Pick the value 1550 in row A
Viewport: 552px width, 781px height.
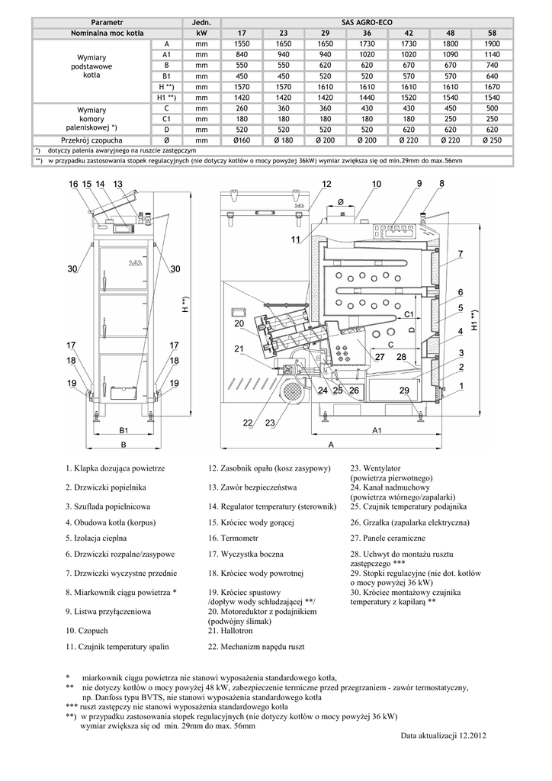tap(242, 44)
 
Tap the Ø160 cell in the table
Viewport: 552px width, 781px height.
tap(242, 140)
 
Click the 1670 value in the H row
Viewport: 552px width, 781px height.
tap(492, 87)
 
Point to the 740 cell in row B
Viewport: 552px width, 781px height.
tap(492, 66)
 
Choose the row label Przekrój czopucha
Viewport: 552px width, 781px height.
tap(95, 140)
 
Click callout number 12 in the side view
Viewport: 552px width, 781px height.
tap(326, 185)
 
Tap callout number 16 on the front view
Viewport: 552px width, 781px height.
tap(73, 185)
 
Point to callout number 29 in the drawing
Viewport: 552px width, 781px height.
tap(404, 390)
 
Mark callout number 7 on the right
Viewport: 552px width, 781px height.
tap(461, 252)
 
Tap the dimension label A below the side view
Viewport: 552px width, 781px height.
tap(330, 443)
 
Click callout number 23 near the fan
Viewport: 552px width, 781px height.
tap(271, 423)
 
